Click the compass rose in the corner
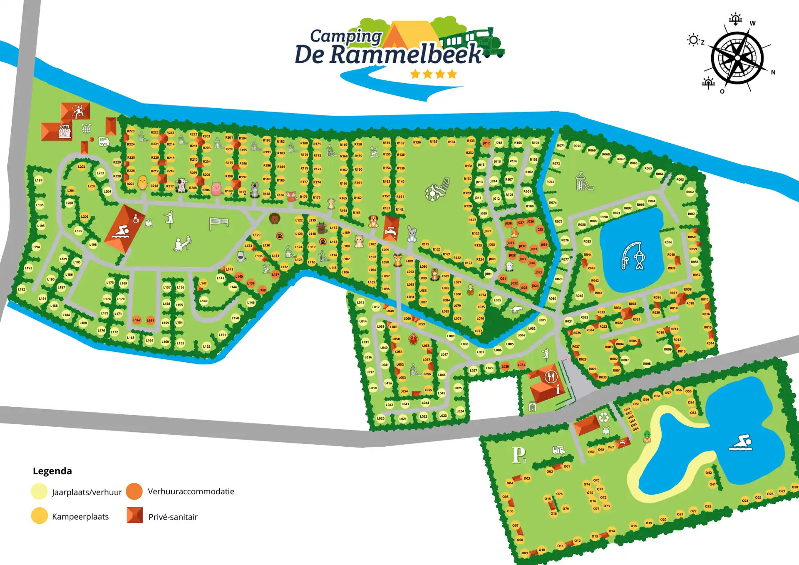737,58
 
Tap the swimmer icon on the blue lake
741,443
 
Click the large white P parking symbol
519,455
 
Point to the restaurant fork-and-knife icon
551,377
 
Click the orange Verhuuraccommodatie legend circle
134,491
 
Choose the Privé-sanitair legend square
135,515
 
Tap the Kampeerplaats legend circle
40,515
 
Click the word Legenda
52,471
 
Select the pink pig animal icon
216,189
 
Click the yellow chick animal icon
142,183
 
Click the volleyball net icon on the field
218,223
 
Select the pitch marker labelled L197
39,180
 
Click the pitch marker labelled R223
131,131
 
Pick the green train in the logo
474,41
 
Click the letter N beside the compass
773,72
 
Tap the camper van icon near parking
558,450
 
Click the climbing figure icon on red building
78,111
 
